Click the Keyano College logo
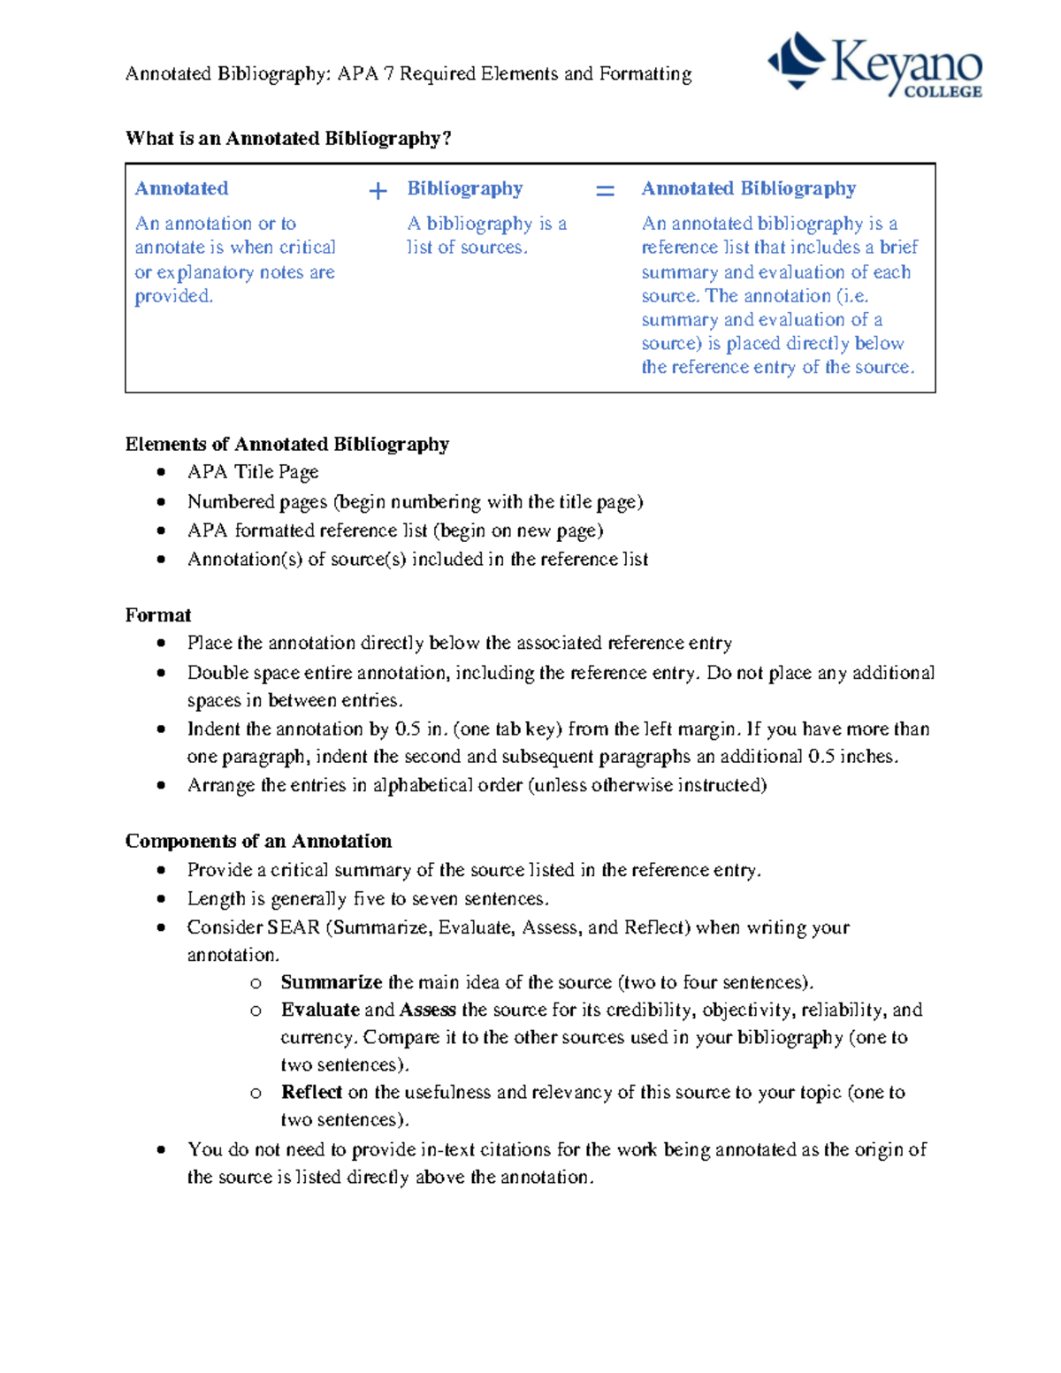(x=874, y=65)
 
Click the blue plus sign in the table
(x=378, y=191)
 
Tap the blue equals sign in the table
(x=605, y=191)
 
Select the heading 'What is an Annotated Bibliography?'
(x=288, y=139)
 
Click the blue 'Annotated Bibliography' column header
(x=748, y=188)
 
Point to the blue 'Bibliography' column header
(x=465, y=188)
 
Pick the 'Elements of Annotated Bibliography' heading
(x=286, y=444)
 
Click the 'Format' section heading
(x=158, y=615)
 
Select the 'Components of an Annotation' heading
(x=258, y=841)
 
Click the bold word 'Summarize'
(x=331, y=982)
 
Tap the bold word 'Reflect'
(x=311, y=1092)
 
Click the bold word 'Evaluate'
(x=320, y=1010)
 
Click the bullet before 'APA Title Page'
(x=161, y=473)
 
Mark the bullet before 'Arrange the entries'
(x=161, y=786)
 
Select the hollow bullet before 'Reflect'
(x=256, y=1094)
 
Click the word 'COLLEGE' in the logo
(x=943, y=91)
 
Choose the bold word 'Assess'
(x=427, y=1010)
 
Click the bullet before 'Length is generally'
(x=161, y=899)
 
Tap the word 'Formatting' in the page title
(x=645, y=73)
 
